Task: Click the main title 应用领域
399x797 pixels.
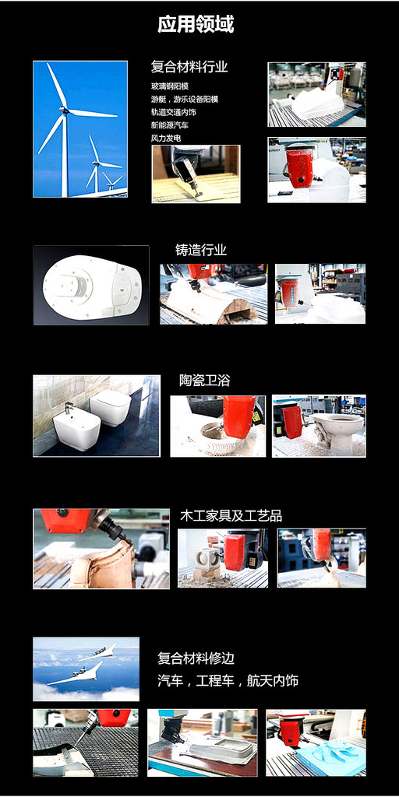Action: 196,24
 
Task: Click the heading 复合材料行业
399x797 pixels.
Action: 189,67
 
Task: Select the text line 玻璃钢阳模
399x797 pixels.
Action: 170,86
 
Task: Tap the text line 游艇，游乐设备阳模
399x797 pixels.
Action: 184,99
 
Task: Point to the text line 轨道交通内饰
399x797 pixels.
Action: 174,112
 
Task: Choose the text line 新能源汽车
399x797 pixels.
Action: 170,125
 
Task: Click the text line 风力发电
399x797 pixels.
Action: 166,139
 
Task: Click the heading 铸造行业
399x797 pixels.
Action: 201,250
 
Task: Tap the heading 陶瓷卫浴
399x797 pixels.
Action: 205,380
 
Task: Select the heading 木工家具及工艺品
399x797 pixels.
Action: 231,516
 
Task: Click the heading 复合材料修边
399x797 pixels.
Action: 196,658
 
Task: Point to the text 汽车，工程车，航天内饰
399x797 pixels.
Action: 228,680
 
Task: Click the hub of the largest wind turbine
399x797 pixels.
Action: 64,109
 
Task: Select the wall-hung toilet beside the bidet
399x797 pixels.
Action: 111,408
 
